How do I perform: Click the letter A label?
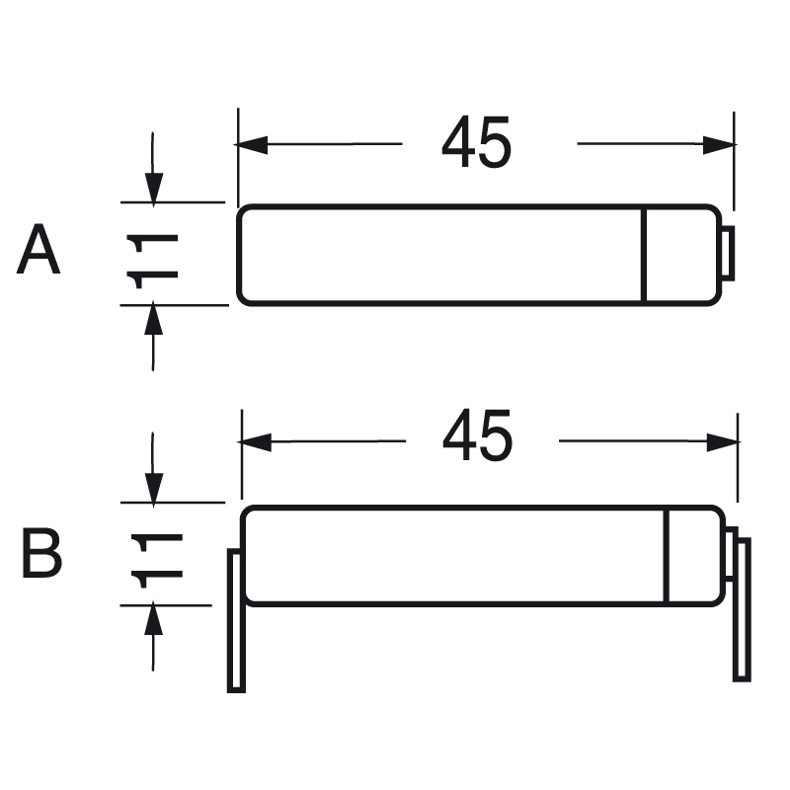(39, 251)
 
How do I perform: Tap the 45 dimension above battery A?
(476, 144)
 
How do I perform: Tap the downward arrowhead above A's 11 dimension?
(153, 188)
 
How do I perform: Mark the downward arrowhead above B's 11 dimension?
(154, 488)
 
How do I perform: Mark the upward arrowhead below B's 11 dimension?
(154, 620)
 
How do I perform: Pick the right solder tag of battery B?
(742, 608)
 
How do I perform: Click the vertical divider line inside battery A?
(643, 254)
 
